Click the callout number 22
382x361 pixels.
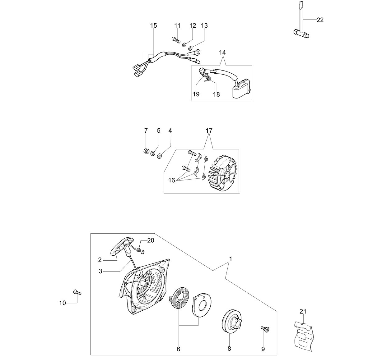coord(320,20)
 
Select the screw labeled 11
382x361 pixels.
coord(176,40)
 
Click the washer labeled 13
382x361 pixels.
coord(191,48)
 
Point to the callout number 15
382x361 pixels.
coord(153,25)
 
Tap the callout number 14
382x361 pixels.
coord(222,53)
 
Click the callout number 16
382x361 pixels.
coord(172,180)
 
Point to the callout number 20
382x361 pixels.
coord(151,240)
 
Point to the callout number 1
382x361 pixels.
coord(231,259)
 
